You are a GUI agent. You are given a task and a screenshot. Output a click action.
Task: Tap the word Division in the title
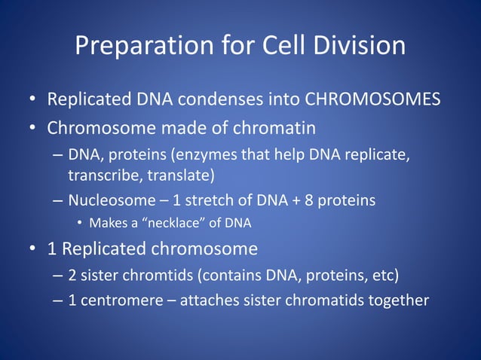click(x=360, y=47)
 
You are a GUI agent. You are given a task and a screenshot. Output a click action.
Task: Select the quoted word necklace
click(x=171, y=223)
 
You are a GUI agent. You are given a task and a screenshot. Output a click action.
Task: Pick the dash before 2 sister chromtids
click(x=58, y=273)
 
